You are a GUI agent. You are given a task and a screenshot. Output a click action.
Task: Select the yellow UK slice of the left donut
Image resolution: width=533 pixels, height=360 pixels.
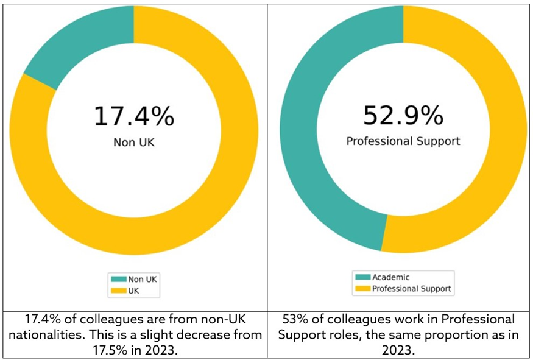point(201,201)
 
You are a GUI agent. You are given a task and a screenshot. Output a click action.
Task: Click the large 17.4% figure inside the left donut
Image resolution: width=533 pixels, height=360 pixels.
point(133,116)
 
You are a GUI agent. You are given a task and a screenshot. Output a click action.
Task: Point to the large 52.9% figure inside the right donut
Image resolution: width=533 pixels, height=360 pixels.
point(403,116)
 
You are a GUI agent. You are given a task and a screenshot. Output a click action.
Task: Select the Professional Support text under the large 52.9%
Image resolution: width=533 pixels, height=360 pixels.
point(403,141)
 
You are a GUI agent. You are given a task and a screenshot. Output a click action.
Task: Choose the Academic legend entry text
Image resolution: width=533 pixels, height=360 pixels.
point(390,278)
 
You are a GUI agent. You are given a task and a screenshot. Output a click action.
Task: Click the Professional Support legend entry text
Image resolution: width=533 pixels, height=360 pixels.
point(412,289)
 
